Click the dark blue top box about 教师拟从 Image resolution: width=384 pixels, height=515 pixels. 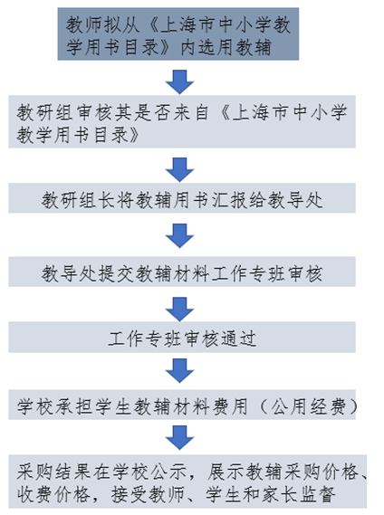(x=178, y=33)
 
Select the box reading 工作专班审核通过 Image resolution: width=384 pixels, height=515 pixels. (x=182, y=338)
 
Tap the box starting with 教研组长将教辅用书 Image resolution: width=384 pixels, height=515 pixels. (x=182, y=198)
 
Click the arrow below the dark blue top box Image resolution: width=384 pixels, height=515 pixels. (x=180, y=81)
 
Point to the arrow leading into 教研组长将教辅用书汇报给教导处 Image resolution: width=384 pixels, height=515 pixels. (x=180, y=170)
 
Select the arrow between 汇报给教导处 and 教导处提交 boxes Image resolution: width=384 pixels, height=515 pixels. (x=180, y=236)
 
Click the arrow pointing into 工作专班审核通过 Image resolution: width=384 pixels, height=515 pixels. (x=180, y=310)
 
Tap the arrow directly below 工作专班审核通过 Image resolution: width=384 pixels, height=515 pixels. (x=180, y=371)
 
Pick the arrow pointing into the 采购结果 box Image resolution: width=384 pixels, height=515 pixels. (x=180, y=438)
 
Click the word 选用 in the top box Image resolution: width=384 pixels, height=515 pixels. (x=216, y=47)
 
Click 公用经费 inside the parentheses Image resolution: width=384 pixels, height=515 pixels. (x=309, y=406)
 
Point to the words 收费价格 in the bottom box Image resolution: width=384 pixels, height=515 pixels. (x=53, y=495)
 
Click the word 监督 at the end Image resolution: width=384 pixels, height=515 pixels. (x=317, y=495)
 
